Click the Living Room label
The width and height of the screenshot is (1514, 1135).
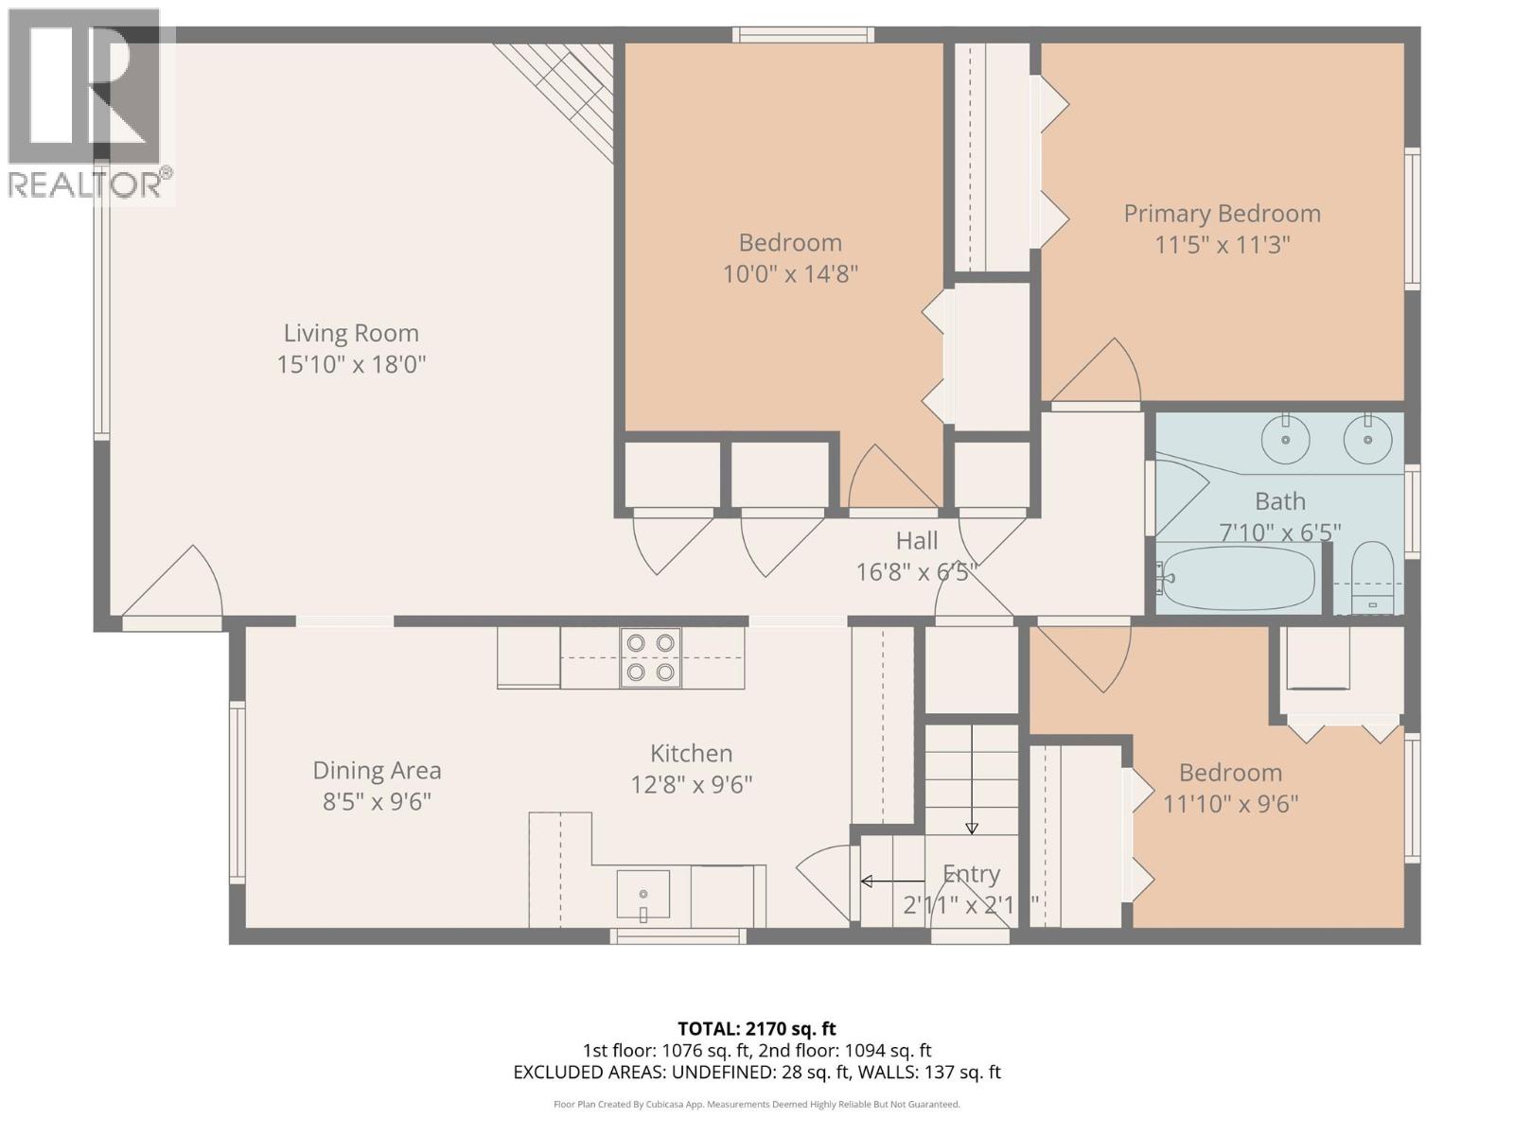(351, 333)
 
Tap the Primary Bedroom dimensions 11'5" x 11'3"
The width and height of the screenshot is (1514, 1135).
(1222, 245)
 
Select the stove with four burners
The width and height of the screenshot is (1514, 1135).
(651, 657)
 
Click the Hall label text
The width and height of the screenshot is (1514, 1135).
(916, 541)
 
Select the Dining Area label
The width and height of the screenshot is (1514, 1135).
(377, 771)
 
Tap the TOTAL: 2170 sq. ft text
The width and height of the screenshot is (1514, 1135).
(756, 1028)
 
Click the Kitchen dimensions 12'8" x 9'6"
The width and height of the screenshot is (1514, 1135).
(691, 785)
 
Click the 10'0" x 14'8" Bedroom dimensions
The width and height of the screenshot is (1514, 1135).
(790, 274)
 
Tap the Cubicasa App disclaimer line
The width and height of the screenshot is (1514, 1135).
(756, 1104)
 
